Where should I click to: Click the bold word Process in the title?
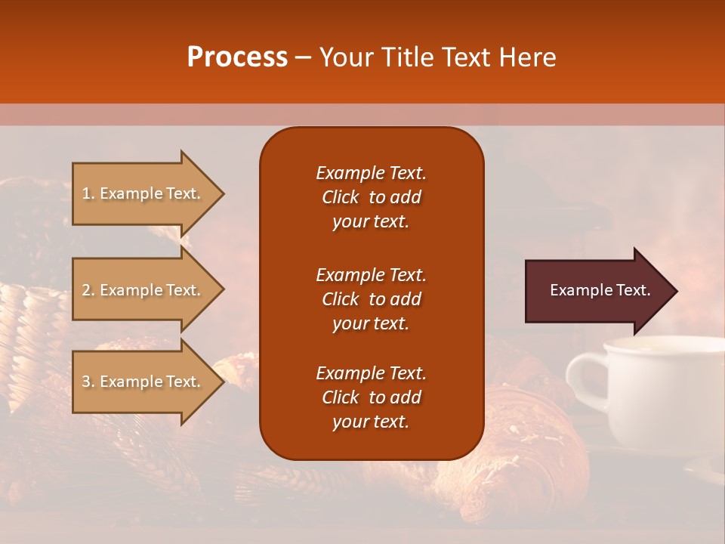coord(237,57)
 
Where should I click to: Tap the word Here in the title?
coord(528,57)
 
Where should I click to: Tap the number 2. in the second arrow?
coord(88,290)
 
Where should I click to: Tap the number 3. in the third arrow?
coord(88,382)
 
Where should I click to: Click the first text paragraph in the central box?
coord(371,197)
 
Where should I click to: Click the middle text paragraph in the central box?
coord(371,299)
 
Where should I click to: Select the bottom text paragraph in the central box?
coord(371,397)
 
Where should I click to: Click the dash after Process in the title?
coord(303,58)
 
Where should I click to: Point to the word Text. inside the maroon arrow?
coord(633,290)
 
